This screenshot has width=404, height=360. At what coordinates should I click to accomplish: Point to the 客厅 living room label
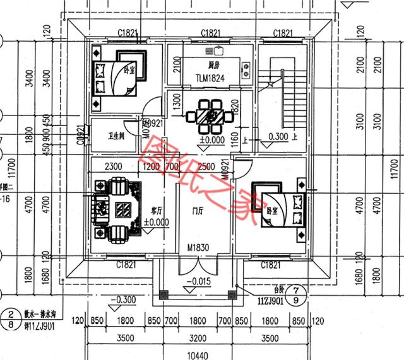point(158,211)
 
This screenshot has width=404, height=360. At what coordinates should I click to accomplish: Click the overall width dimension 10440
point(200,354)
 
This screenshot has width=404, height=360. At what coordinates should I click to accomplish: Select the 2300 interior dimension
point(113,167)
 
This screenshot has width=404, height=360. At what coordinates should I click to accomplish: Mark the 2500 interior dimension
point(204,167)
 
